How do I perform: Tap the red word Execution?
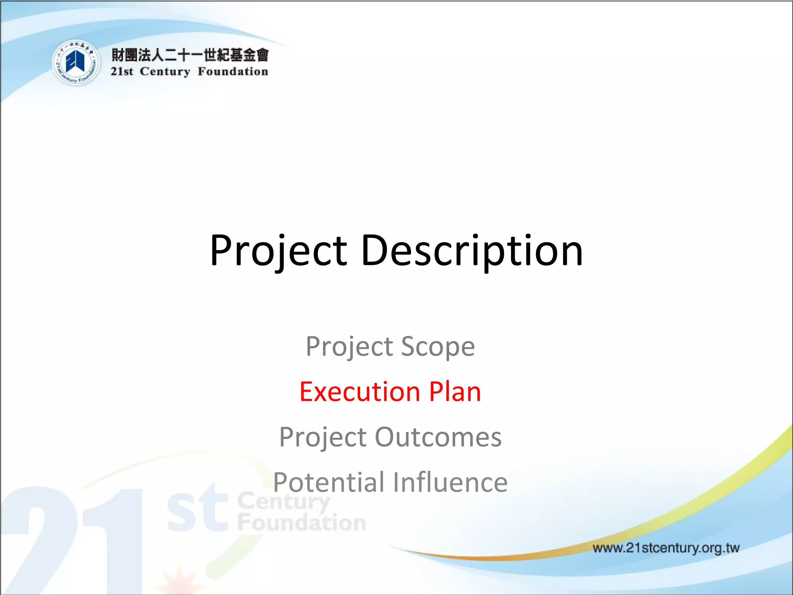coord(360,392)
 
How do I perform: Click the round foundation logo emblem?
coord(76,63)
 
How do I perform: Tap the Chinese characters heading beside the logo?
coord(190,55)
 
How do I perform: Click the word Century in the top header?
coord(165,72)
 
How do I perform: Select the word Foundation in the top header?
coord(233,72)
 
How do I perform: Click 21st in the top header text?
coord(122,72)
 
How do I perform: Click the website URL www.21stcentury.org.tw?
coord(666,548)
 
